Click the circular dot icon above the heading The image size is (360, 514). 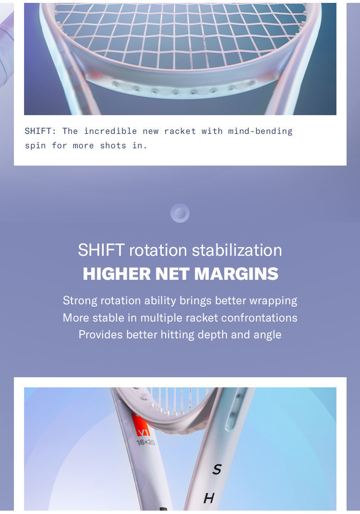[x=180, y=213]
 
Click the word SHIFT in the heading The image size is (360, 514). [x=101, y=250]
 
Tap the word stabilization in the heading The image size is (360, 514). [x=237, y=250]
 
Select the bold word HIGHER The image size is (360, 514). [x=117, y=274]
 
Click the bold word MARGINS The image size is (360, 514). [x=236, y=274]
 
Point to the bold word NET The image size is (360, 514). [x=172, y=274]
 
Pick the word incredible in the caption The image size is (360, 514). [x=110, y=131]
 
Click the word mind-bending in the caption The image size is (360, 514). [x=260, y=131]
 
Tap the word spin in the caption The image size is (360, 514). [x=36, y=146]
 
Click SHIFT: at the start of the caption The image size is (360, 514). [x=40, y=131]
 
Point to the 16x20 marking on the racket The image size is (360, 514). [x=146, y=442]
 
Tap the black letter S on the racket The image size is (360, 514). [x=217, y=469]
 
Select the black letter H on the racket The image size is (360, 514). [x=209, y=498]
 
